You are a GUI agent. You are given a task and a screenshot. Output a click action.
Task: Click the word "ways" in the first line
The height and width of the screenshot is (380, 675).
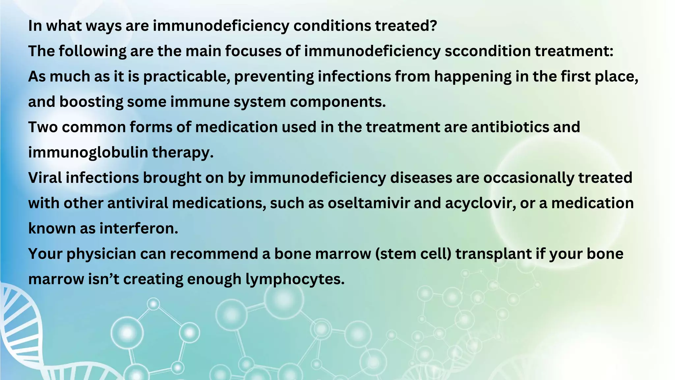[103, 26]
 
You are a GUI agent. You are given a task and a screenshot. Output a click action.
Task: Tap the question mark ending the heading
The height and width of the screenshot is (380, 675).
[433, 25]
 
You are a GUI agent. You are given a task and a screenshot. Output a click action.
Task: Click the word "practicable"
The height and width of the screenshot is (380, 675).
[186, 77]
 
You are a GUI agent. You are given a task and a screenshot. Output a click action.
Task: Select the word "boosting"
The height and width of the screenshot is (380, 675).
[91, 102]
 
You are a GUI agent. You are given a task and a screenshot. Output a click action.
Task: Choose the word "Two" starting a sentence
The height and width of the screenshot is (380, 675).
[43, 127]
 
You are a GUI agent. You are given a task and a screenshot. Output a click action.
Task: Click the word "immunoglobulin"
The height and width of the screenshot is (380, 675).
[88, 153]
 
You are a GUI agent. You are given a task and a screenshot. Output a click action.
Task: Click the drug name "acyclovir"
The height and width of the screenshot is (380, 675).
[480, 203]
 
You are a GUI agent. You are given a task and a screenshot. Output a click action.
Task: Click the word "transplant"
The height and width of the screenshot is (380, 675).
[493, 254]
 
